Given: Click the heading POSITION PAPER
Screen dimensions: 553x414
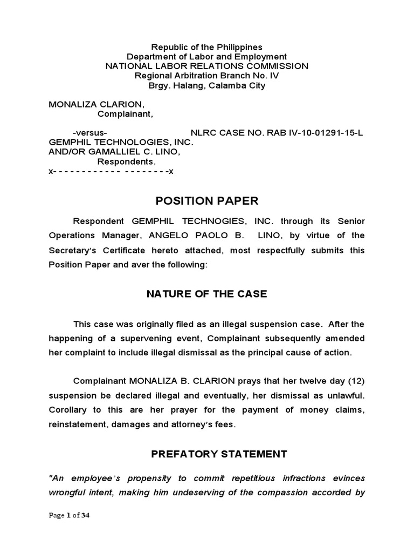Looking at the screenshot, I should click(207, 201).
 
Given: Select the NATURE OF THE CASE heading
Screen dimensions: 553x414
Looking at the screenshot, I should click(207, 294).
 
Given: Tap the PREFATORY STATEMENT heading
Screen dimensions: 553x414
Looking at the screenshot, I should click(219, 454).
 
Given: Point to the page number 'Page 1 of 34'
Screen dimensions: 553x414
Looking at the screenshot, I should click(69, 515).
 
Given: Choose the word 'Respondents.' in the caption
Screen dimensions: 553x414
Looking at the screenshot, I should click(126, 161).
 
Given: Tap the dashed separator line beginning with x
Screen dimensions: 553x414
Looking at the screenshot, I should click(111, 171).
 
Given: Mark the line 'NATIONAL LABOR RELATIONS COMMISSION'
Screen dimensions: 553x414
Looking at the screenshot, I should click(207, 66).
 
